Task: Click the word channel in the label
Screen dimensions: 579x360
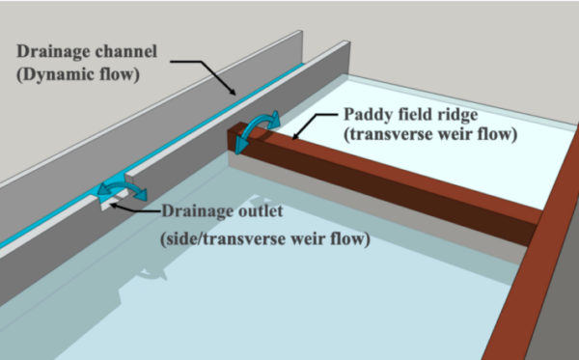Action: (x=120, y=51)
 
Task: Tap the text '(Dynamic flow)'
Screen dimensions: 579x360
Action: (x=78, y=74)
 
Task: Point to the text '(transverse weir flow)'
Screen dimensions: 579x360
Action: (x=430, y=134)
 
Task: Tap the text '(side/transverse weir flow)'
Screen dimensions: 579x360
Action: (x=265, y=239)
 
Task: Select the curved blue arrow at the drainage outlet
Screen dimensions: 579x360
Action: (x=122, y=186)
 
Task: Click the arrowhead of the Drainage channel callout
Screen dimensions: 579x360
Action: (x=233, y=92)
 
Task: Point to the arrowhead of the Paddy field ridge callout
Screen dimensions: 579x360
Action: (x=295, y=137)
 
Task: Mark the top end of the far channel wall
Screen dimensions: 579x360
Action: (x=302, y=32)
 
